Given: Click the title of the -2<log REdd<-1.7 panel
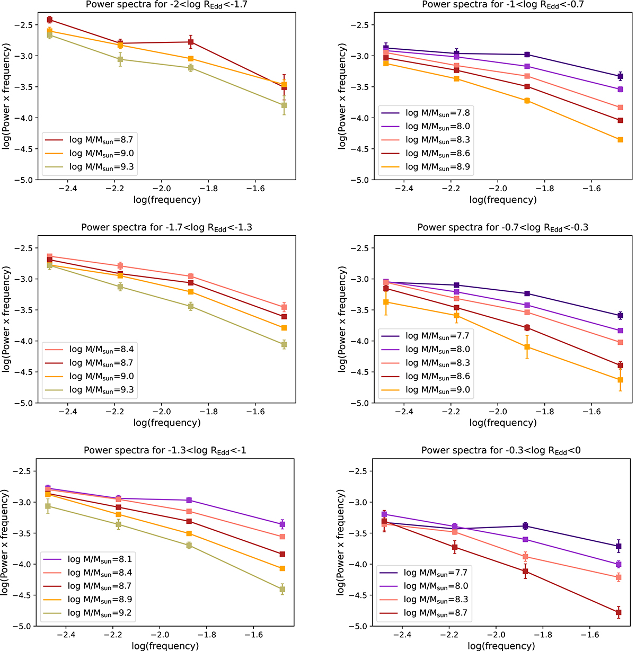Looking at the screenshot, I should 167,5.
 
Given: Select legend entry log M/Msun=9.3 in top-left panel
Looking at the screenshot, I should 101,167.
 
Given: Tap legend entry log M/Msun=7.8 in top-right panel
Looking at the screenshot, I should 437,113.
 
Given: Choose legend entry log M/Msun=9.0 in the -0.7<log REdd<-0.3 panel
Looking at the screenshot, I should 437,390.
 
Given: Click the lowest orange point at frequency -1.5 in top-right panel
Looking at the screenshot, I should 620,140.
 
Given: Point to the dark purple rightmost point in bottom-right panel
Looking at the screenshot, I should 619,546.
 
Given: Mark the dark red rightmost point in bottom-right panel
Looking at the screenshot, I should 619,613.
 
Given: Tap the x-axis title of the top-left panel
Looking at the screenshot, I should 167,200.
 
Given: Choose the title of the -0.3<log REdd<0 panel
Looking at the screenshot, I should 503,451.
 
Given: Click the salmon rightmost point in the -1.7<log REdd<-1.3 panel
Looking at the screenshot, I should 284,307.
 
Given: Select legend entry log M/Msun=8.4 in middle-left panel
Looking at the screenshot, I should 101,350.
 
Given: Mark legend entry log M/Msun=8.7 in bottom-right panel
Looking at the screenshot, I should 436,613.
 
